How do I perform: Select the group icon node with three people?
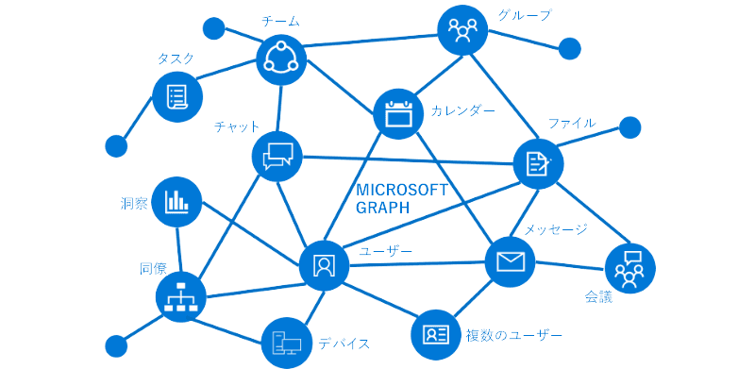462,31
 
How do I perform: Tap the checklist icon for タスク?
176,96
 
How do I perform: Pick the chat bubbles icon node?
277,156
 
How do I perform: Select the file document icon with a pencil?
538,162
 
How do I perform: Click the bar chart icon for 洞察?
176,200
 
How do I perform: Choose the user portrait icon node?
325,265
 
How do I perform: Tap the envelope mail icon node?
510,262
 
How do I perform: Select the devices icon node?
287,341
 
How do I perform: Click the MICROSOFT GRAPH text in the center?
400,198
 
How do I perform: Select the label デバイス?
344,343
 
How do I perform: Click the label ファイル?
572,124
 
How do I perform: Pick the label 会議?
598,298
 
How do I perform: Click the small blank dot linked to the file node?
629,127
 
